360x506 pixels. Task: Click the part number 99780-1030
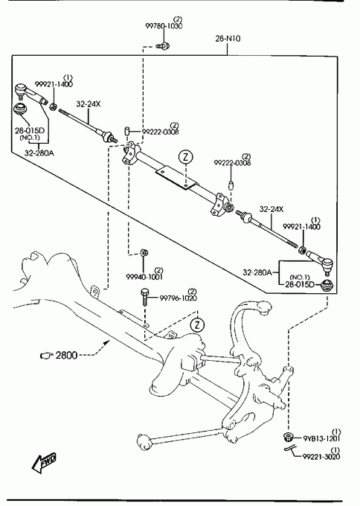click(164, 26)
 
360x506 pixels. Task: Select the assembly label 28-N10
click(228, 39)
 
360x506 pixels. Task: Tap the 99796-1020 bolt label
click(178, 298)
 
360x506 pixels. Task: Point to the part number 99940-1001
click(144, 277)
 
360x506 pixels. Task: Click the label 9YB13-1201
click(321, 438)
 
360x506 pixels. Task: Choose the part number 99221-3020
click(321, 456)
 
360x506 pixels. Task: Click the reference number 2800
click(66, 355)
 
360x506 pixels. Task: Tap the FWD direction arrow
click(44, 462)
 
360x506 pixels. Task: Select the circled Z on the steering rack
click(185, 157)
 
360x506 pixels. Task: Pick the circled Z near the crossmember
click(197, 324)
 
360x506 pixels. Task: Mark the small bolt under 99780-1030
click(163, 46)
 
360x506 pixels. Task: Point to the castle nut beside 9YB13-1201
click(287, 437)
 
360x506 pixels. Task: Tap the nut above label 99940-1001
click(144, 252)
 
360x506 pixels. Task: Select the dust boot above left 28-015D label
click(19, 109)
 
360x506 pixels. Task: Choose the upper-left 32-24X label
click(89, 104)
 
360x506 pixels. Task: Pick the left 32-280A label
click(39, 153)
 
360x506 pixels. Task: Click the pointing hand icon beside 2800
click(46, 355)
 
